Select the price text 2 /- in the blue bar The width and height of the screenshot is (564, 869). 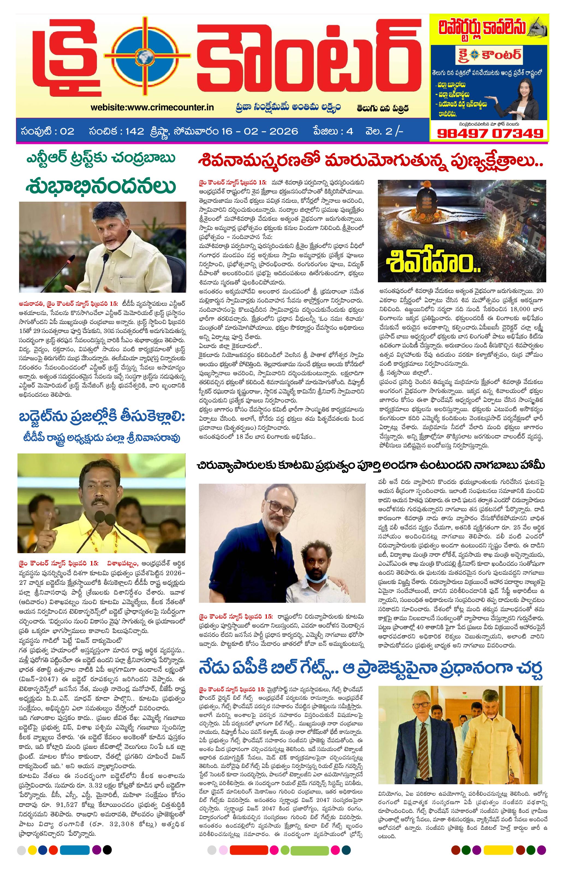pos(396,131)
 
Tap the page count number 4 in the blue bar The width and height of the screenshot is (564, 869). pos(350,131)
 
